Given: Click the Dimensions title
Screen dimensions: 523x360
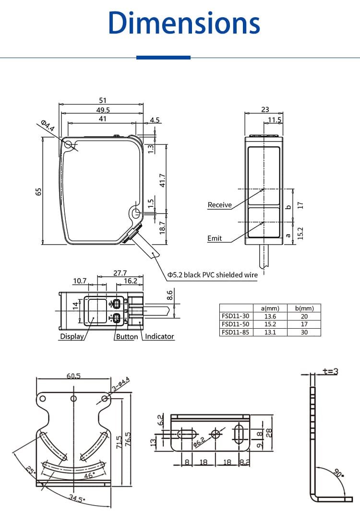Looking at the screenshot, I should (184, 23).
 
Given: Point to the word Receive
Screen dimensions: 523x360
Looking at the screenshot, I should (219, 205).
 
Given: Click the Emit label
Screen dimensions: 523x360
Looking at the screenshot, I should (215, 238).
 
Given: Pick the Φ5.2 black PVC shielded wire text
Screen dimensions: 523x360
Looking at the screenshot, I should (212, 275).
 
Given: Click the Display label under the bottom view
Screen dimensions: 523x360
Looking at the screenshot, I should (72, 336).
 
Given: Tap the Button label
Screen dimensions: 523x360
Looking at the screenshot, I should (127, 336).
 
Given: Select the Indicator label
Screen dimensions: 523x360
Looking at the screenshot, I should (159, 336).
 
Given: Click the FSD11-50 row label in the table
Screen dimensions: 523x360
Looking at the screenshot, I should (236, 324).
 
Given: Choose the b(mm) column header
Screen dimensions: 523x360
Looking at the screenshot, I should (303, 308).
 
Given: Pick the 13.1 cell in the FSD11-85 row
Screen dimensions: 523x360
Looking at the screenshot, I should (269, 332).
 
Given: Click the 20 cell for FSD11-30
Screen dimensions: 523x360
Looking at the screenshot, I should (303, 316).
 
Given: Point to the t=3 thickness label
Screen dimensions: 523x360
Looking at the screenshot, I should (330, 371).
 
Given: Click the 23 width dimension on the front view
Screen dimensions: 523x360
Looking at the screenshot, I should (265, 109).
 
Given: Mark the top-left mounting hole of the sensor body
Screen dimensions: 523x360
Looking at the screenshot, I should (68, 144).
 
